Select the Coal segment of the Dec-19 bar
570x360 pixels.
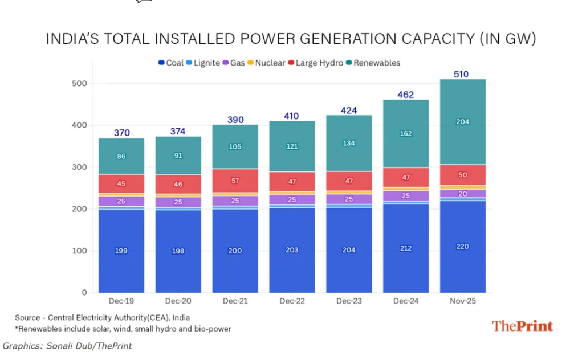(x=121, y=251)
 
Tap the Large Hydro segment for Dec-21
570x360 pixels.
(x=235, y=180)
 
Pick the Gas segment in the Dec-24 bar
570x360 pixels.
(x=405, y=195)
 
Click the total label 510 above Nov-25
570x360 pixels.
(x=462, y=74)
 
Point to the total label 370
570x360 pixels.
(x=121, y=133)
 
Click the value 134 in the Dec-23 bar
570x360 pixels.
(x=348, y=143)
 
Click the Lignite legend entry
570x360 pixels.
(x=203, y=63)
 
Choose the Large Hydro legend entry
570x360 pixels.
(x=315, y=63)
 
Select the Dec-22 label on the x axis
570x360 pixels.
(x=292, y=300)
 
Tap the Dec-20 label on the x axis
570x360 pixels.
(x=178, y=300)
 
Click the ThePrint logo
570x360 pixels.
(x=522, y=326)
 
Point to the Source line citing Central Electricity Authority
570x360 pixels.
(x=103, y=317)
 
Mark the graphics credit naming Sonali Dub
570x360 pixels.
(x=67, y=346)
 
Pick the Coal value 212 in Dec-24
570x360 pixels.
(x=405, y=248)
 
